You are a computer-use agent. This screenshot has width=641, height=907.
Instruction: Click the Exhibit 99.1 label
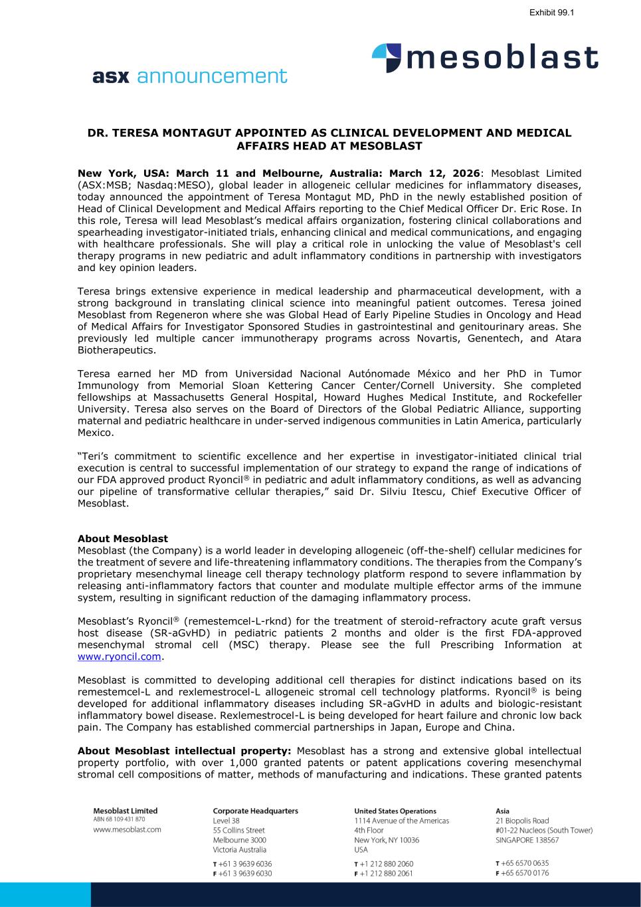point(551,13)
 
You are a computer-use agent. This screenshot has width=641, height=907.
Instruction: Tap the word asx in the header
point(112,76)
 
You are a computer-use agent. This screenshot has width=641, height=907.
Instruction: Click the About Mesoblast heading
point(123,539)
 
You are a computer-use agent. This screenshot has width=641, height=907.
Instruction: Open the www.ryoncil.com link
point(120,656)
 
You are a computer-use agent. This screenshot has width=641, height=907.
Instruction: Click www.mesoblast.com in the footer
point(127,829)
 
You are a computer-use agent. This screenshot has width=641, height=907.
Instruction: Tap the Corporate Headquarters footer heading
point(255,811)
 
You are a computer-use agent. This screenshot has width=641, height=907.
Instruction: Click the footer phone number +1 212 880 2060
point(386,864)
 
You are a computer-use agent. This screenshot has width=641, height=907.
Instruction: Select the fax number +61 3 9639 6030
point(245,874)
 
